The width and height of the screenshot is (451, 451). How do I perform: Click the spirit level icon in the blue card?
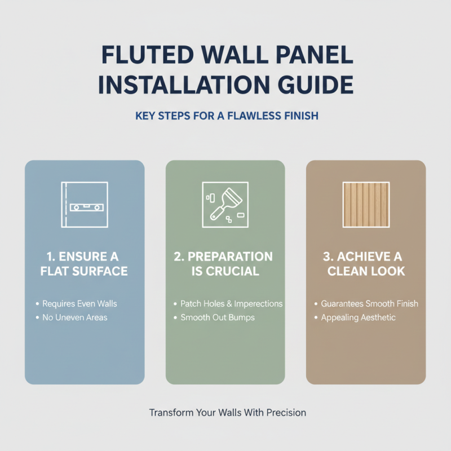pos(85,206)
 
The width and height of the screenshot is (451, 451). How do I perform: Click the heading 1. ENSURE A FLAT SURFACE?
pos(85,264)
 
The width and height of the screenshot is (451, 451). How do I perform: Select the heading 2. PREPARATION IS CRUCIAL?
pos(225,264)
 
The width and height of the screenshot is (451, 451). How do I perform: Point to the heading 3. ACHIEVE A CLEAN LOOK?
pos(366,264)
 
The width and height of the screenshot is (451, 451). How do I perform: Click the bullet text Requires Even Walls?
pos(79,304)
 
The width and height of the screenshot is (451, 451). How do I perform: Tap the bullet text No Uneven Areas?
pos(74,317)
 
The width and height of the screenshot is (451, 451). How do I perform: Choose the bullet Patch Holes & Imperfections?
pos(231,304)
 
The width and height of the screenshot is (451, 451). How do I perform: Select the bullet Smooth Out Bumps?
pos(218,317)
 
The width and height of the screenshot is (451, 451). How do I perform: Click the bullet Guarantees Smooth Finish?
pos(369,304)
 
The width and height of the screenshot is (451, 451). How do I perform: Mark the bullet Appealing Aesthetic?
pos(358,317)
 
